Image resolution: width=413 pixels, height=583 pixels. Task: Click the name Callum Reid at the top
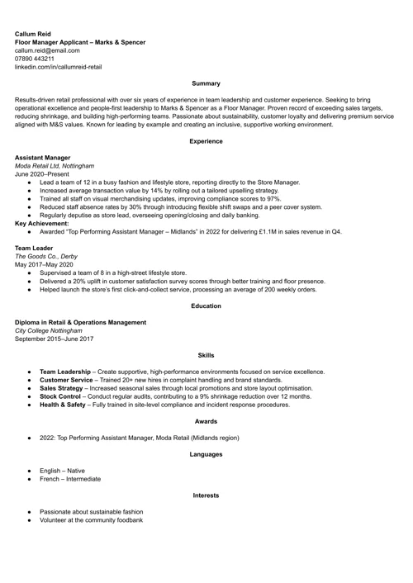click(x=33, y=33)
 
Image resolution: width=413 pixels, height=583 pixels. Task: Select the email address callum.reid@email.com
click(x=47, y=50)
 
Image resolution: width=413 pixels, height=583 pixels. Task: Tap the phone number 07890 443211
click(x=35, y=59)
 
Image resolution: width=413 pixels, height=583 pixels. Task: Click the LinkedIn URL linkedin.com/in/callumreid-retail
click(x=58, y=67)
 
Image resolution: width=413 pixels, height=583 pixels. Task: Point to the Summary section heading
click(x=206, y=83)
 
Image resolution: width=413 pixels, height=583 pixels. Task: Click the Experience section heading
click(x=206, y=141)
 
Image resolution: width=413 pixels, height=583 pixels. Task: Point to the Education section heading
click(x=206, y=306)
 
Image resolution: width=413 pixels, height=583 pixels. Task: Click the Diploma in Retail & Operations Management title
click(x=81, y=322)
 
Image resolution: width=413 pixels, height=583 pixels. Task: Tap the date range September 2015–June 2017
click(x=55, y=339)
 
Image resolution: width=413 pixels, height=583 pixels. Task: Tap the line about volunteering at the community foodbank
click(x=91, y=520)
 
